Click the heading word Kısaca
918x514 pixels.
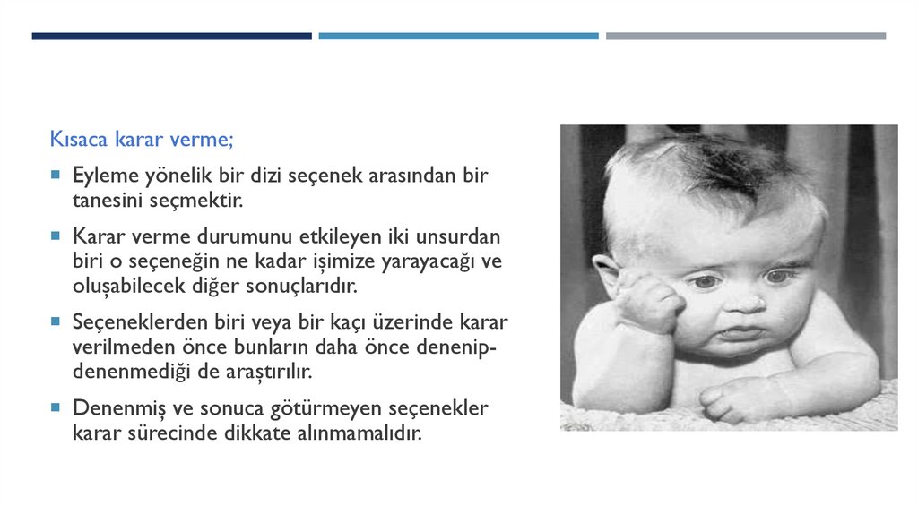coord(77,141)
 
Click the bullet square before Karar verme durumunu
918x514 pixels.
coord(56,236)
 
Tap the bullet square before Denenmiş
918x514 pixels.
coord(56,407)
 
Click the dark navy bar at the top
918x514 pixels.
coord(171,36)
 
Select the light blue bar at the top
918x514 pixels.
coord(458,36)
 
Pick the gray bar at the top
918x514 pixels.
coord(745,36)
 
